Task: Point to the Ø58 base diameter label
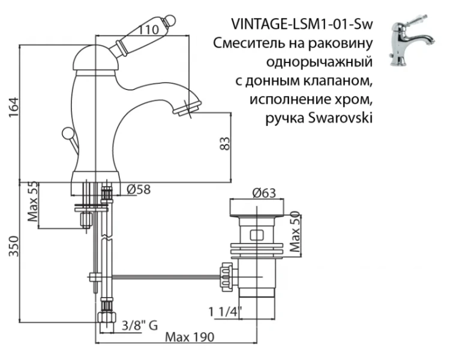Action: pos(139,190)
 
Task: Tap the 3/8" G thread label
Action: pos(139,326)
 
